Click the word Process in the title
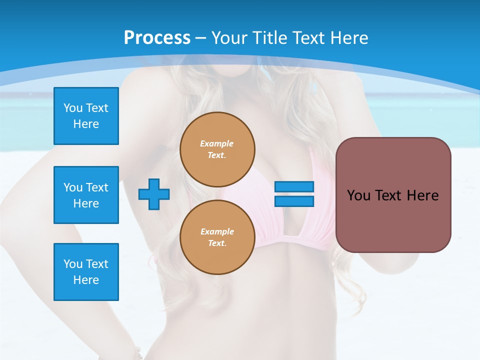pyautogui.click(x=157, y=38)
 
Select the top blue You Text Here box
pyautogui.click(x=86, y=116)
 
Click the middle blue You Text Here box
pyautogui.click(x=86, y=195)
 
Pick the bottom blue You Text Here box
pyautogui.click(x=86, y=272)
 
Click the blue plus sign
pyautogui.click(x=153, y=194)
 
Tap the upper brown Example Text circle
pyautogui.click(x=217, y=149)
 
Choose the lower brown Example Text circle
pyautogui.click(x=217, y=237)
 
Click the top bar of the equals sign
pyautogui.click(x=294, y=187)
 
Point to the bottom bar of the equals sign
pyautogui.click(x=294, y=201)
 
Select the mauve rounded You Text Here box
pyautogui.click(x=393, y=195)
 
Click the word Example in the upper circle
pyautogui.click(x=217, y=143)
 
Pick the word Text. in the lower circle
pyautogui.click(x=217, y=243)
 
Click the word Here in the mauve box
pyautogui.click(x=422, y=195)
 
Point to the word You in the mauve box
pyautogui.click(x=358, y=195)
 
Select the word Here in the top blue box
pyautogui.click(x=86, y=124)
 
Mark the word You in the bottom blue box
pyautogui.click(x=73, y=264)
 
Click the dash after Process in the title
pyautogui.click(x=201, y=38)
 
